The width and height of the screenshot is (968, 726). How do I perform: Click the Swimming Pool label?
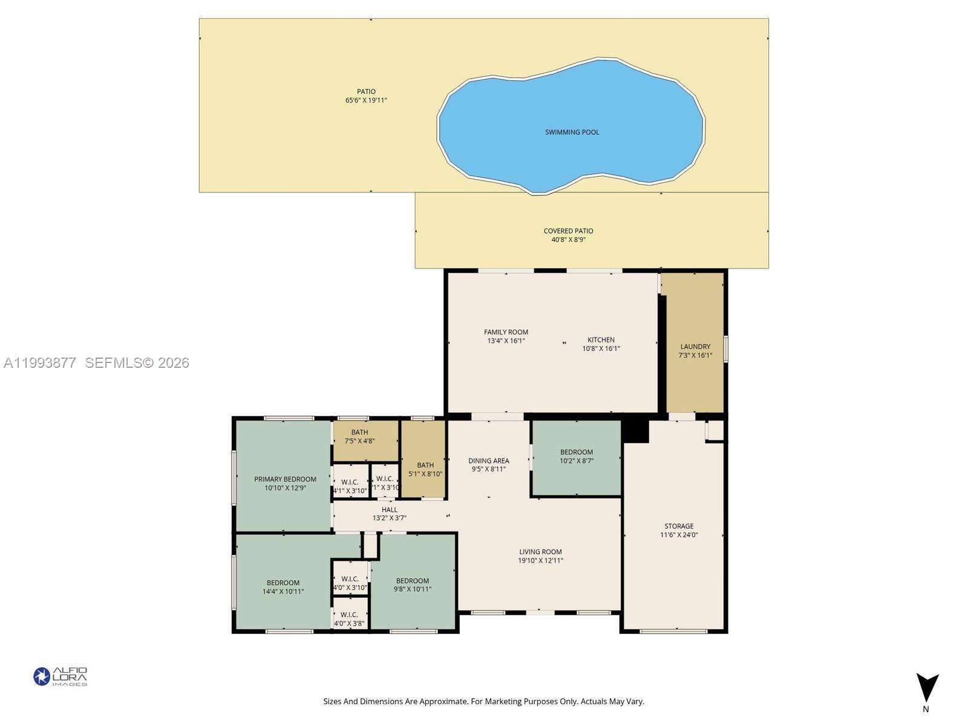pos(572,132)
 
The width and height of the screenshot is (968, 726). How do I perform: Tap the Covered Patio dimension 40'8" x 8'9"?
pos(568,240)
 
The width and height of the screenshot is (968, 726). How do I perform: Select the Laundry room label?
pos(695,347)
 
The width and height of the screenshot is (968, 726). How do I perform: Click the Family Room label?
pos(506,332)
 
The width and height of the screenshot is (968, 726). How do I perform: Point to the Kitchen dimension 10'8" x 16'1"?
pos(601,348)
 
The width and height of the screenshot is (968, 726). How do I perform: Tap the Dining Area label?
pos(488,460)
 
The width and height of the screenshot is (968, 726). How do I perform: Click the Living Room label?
pos(540,552)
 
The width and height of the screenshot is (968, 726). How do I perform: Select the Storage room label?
pos(679,526)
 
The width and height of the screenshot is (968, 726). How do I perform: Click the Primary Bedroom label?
pos(285,479)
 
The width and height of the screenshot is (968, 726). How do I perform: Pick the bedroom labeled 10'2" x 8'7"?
pos(577,456)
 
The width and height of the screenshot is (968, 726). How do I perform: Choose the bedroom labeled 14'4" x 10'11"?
pos(283,587)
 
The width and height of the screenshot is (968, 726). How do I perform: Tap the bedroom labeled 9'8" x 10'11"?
pos(413,585)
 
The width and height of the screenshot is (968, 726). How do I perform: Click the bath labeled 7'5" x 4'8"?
pos(359,437)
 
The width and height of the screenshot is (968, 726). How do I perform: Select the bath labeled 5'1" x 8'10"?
pos(425,469)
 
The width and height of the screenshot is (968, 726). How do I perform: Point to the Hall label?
pos(390,510)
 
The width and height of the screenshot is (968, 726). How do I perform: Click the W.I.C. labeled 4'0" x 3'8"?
pos(350,619)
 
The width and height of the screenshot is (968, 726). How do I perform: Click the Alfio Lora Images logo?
pos(60,676)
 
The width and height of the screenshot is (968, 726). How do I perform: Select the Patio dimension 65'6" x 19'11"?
pos(366,100)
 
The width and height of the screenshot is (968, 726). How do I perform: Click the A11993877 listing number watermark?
pos(40,362)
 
